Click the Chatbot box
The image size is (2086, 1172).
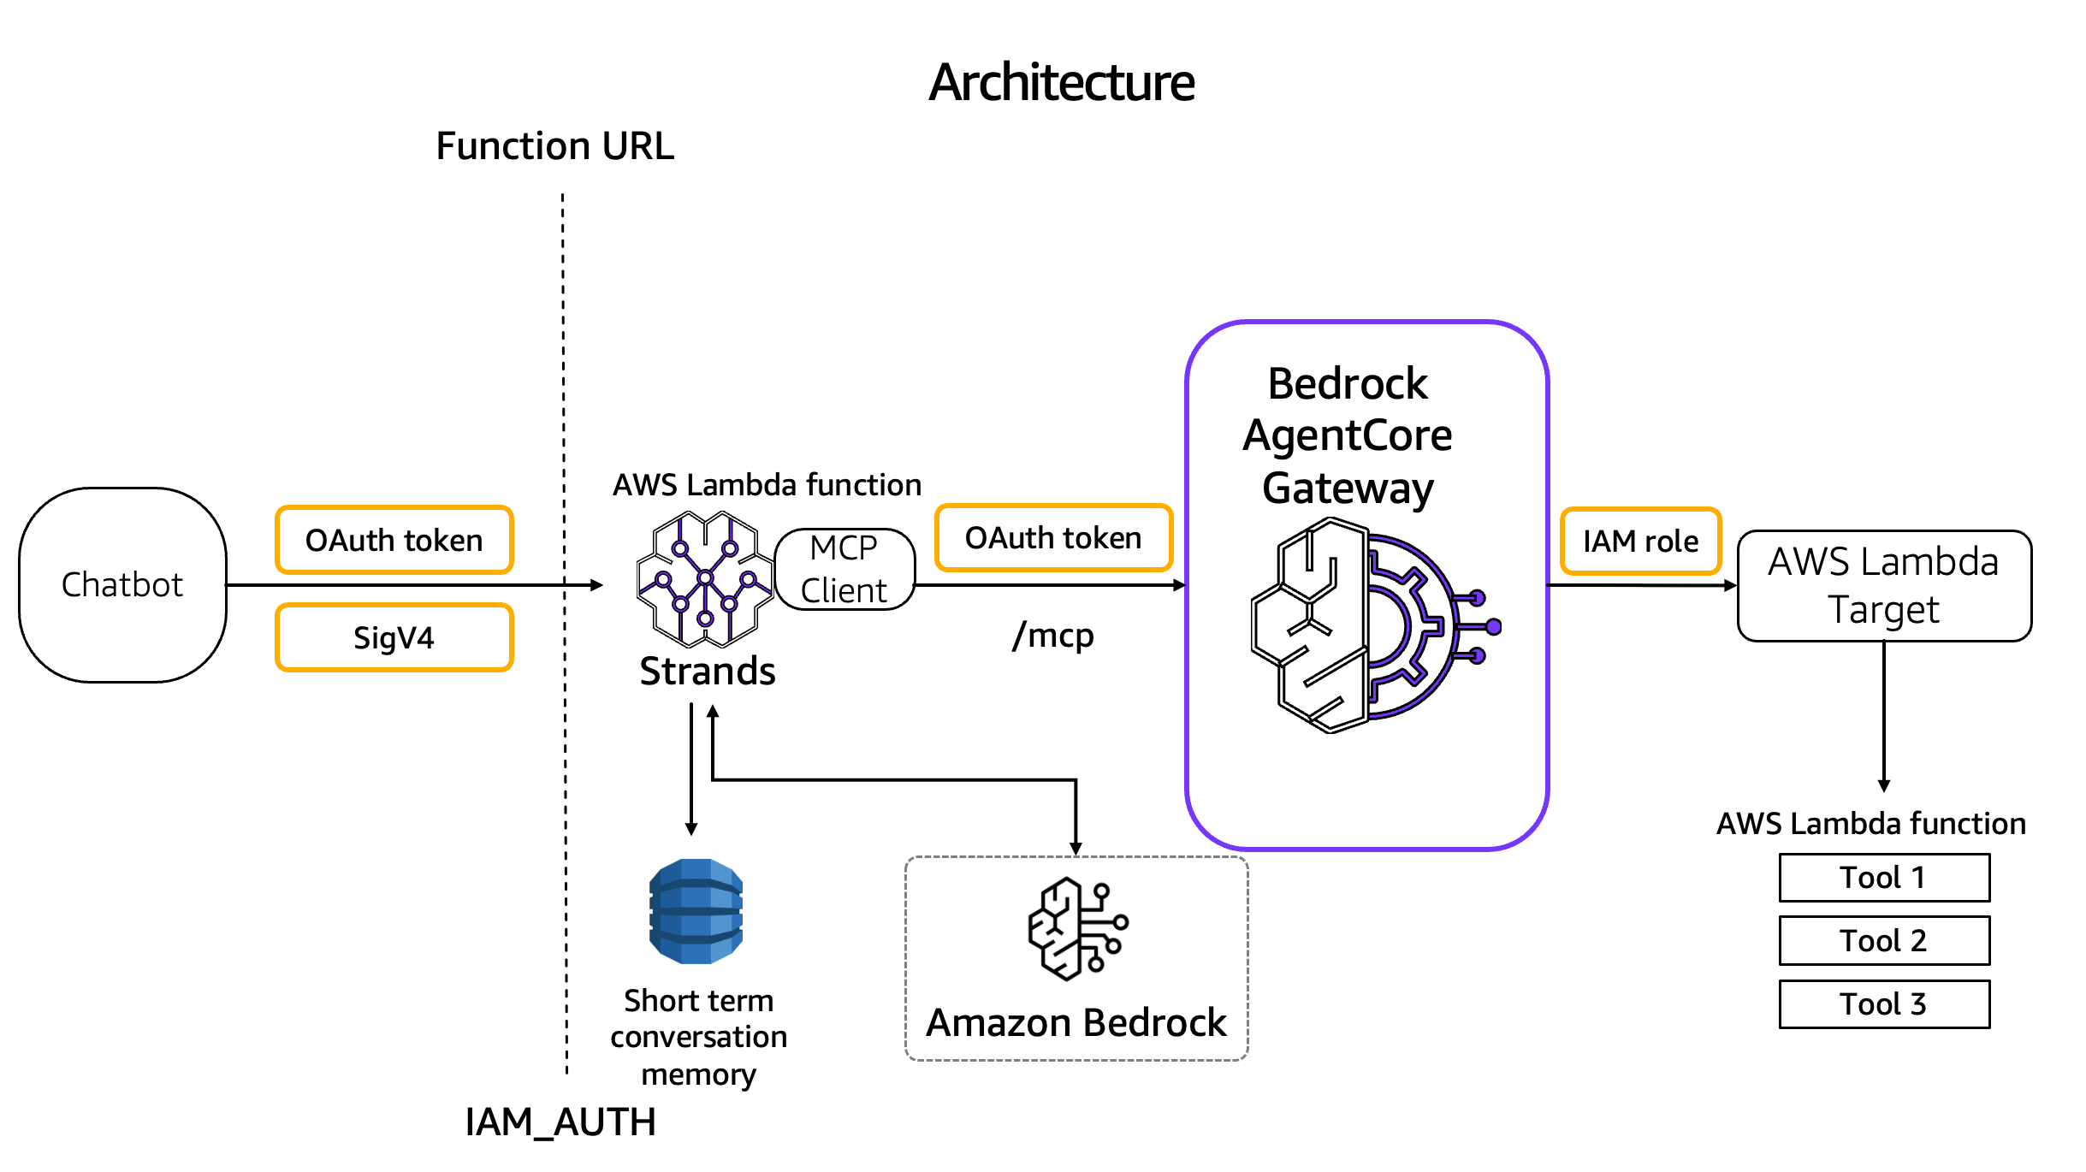coord(122,585)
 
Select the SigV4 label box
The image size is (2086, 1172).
coord(394,637)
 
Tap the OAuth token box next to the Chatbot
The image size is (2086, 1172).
coord(394,540)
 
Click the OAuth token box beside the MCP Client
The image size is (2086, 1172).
coord(1053,537)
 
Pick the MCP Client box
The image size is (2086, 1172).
coord(844,569)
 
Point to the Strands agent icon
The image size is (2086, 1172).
coord(705,578)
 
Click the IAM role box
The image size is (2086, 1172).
coord(1640,541)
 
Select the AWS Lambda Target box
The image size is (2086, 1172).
coord(1884,585)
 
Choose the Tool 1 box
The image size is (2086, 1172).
coord(1884,877)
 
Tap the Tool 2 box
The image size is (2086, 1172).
coord(1884,940)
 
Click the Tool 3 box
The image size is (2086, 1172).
coord(1884,1003)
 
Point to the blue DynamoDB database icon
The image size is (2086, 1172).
coord(696,911)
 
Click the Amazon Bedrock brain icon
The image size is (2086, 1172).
coord(1078,928)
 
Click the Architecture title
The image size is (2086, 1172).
coord(1062,82)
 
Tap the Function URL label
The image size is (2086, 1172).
coord(554,145)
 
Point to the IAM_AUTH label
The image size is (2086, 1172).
coord(560,1122)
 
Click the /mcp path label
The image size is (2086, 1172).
coord(1052,636)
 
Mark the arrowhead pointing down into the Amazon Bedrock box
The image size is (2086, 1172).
coord(1076,849)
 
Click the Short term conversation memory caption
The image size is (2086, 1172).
coord(698,1037)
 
